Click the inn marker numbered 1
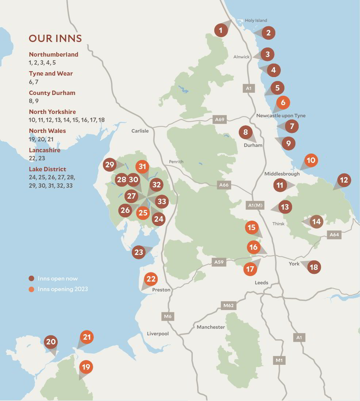221,30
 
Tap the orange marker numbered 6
283,103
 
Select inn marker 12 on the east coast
344,180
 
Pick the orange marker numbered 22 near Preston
151,279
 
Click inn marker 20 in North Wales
51,342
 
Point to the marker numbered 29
110,165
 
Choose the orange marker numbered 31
142,167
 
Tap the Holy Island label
256,20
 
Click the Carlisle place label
140,131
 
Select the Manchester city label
211,327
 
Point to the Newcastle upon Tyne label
281,116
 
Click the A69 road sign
219,119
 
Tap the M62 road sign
228,305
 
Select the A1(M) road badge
255,205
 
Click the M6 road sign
168,316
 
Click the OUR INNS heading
55,38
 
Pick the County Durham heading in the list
52,93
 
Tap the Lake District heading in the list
47,169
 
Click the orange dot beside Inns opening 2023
32,289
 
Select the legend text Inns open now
58,279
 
